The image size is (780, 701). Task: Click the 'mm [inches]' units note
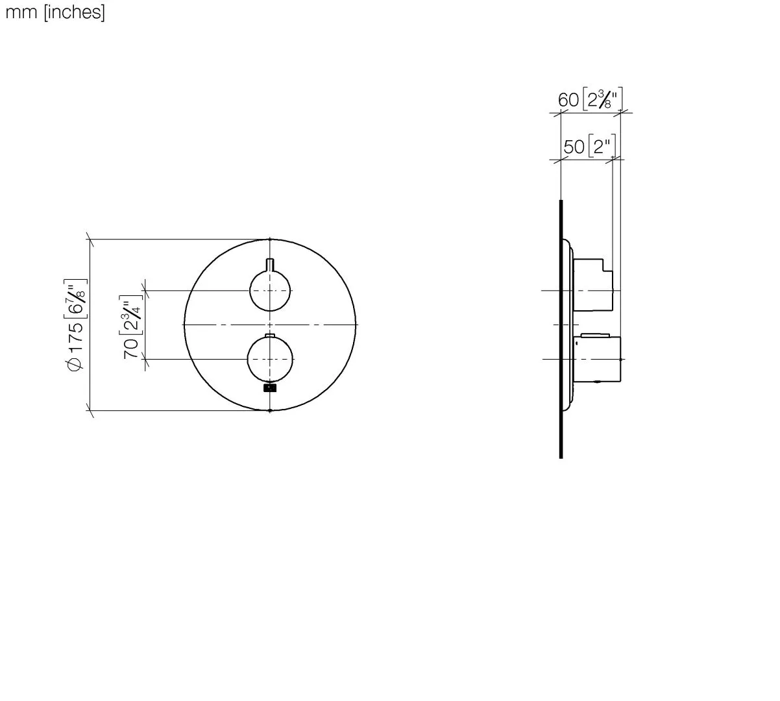(x=55, y=12)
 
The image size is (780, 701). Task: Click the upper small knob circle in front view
(x=270, y=291)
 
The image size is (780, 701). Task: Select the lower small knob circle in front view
(x=270, y=359)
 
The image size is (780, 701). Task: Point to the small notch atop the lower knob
(x=270, y=336)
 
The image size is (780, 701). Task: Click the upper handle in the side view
(x=593, y=284)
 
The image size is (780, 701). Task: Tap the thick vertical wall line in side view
(x=561, y=328)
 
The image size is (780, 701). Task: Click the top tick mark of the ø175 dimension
(x=90, y=240)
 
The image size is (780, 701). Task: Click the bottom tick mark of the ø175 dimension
(x=90, y=410)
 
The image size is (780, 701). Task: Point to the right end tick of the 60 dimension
(x=620, y=113)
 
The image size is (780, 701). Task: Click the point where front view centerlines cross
(x=270, y=324)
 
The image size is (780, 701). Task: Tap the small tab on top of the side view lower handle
(x=595, y=336)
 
